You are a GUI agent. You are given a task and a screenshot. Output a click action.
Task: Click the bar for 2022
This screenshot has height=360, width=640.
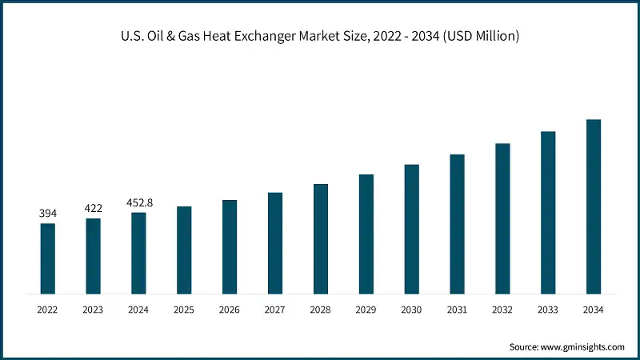(48, 258)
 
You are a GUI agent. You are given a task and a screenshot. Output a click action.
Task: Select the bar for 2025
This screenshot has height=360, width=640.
(184, 250)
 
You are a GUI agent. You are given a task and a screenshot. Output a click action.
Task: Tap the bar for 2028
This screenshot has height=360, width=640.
(321, 238)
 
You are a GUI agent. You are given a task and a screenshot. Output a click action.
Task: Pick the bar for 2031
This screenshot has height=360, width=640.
(457, 223)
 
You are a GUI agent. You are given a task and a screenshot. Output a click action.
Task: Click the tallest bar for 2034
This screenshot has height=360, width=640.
(594, 206)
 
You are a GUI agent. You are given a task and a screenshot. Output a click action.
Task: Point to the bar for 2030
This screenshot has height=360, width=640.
(411, 229)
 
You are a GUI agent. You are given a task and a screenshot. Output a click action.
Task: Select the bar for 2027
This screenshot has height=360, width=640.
(275, 242)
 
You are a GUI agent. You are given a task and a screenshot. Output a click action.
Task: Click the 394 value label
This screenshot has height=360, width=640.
(48, 214)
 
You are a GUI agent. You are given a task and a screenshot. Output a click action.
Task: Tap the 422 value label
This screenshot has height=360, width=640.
(94, 209)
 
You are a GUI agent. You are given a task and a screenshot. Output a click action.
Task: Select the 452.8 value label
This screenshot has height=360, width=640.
(139, 203)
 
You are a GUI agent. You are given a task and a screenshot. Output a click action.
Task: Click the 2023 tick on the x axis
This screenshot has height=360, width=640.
(94, 310)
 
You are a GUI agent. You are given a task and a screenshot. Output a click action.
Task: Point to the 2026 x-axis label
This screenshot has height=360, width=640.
(230, 310)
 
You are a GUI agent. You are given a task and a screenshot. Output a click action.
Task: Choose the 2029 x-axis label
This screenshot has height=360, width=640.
(366, 310)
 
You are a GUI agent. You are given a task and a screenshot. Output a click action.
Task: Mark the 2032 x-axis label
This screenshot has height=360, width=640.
(502, 310)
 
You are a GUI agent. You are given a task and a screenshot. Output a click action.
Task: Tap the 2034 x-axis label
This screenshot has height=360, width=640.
(594, 310)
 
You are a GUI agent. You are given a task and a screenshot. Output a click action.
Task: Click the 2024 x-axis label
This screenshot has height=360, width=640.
(139, 310)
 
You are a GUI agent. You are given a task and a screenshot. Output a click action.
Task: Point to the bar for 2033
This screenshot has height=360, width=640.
(548, 212)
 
